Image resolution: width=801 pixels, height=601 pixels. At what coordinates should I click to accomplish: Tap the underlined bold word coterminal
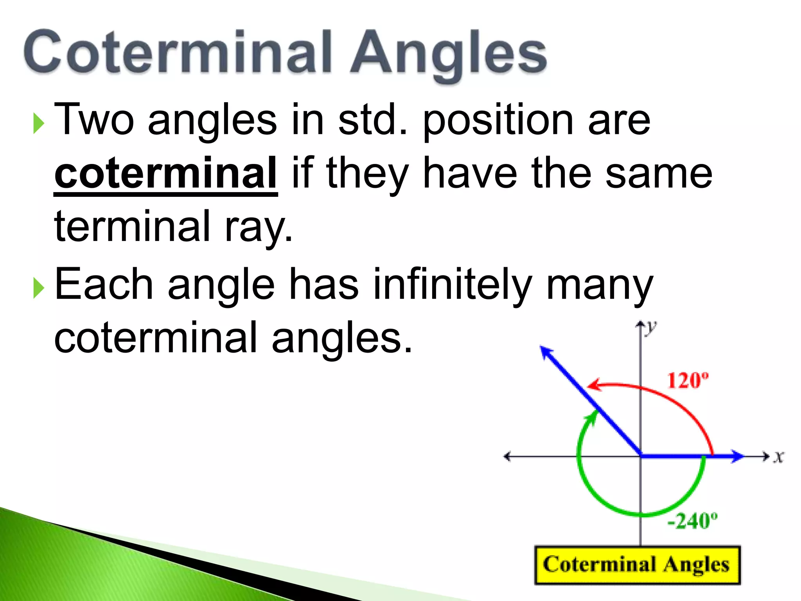click(166, 173)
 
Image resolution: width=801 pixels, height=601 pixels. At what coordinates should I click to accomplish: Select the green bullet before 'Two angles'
click(38, 123)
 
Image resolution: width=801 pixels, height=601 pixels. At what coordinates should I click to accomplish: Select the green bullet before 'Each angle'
click(38, 288)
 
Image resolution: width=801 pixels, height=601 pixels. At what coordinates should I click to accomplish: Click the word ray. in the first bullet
click(259, 227)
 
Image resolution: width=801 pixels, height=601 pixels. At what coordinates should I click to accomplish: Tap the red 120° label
click(688, 380)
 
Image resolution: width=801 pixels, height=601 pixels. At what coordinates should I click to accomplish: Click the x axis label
click(779, 457)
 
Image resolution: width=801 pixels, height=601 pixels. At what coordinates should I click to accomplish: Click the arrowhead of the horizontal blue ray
click(737, 456)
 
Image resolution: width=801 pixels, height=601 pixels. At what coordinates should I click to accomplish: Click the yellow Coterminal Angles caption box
click(637, 565)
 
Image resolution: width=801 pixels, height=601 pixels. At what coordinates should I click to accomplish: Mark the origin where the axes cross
click(641, 456)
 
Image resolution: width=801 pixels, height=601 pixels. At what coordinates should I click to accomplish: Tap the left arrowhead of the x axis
click(507, 456)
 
